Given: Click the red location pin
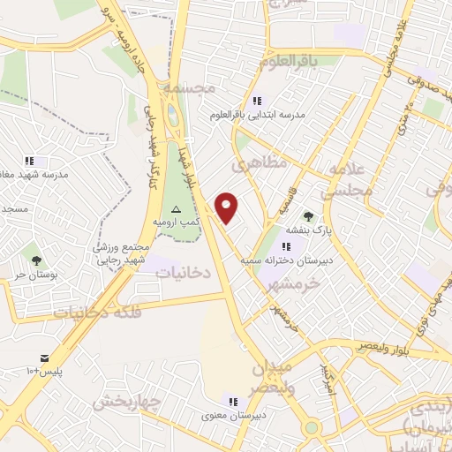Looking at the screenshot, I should (x=228, y=207).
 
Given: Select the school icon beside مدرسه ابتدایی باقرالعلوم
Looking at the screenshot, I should (x=257, y=101).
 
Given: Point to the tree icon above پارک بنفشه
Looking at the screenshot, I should (x=307, y=216).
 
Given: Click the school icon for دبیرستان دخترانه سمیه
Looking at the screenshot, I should (x=285, y=246).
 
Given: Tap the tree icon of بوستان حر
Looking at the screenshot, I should (x=36, y=260).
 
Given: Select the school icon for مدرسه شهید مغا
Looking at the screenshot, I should (x=29, y=161).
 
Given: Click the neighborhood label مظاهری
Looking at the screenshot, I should (x=255, y=164).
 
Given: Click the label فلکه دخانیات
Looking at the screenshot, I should (x=93, y=312).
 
